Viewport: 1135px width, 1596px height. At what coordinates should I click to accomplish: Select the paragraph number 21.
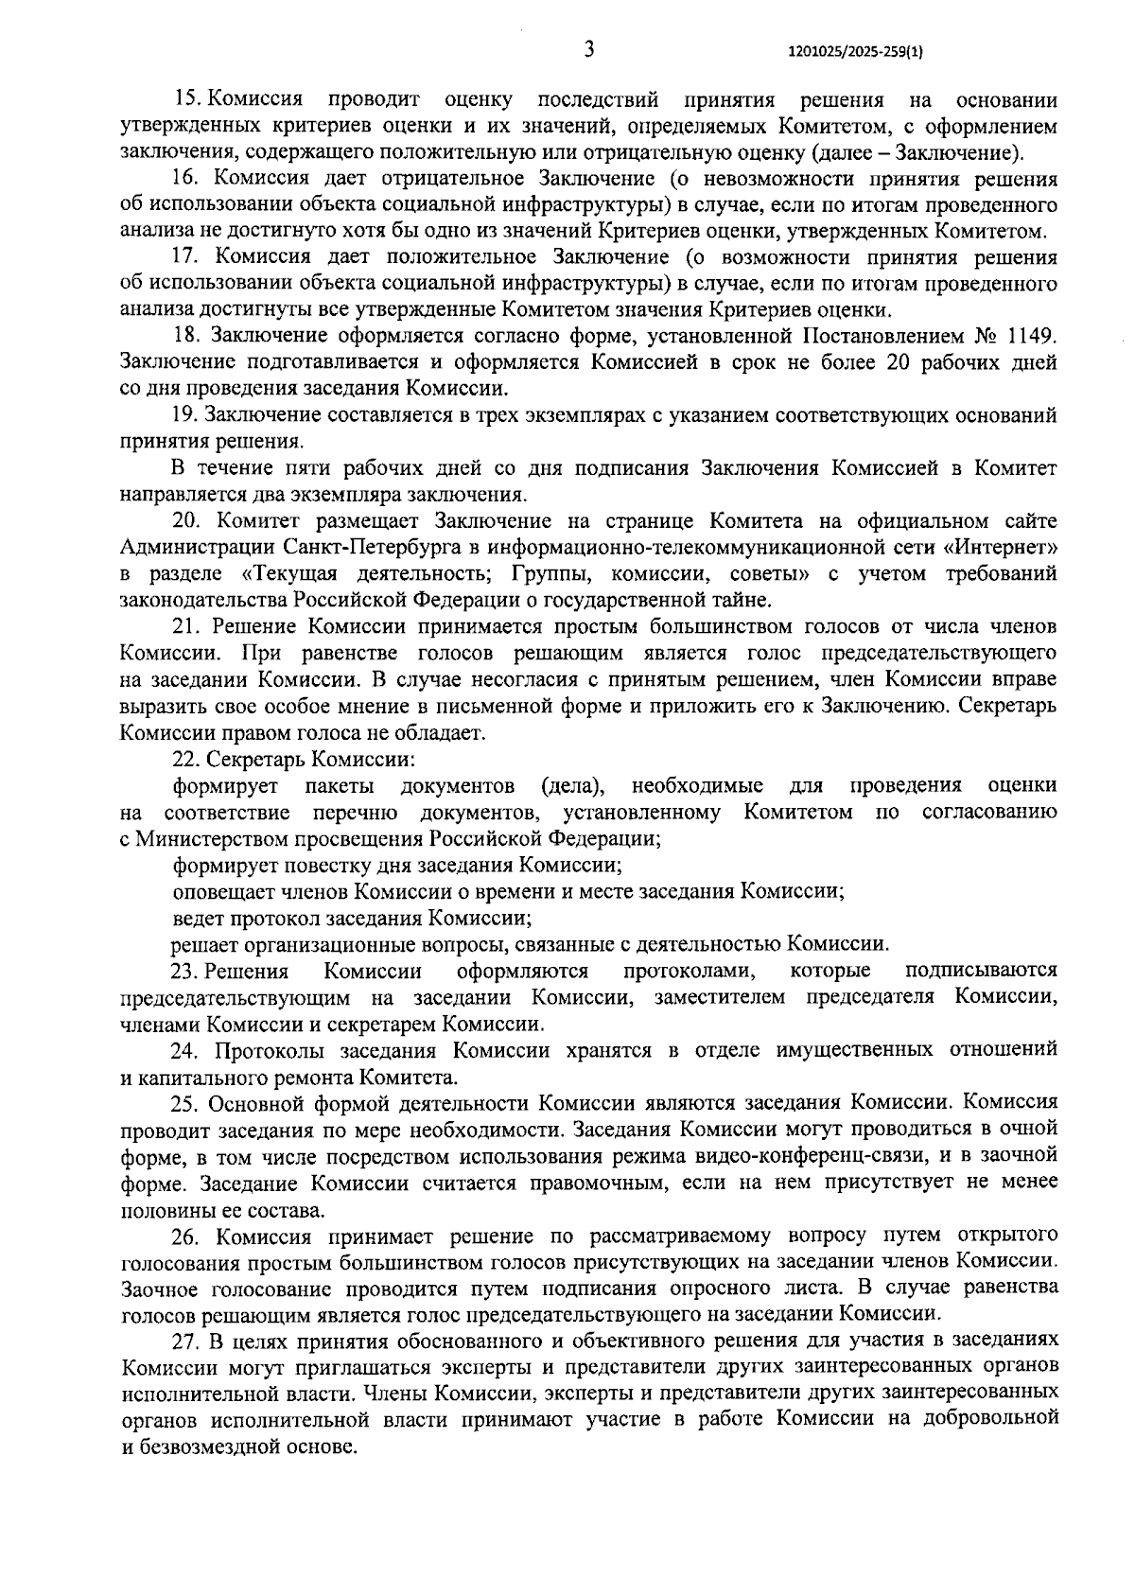tap(184, 626)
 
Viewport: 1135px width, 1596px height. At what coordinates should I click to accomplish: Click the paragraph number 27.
tap(184, 1341)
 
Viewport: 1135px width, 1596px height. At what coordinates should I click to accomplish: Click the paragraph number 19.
tap(184, 414)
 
